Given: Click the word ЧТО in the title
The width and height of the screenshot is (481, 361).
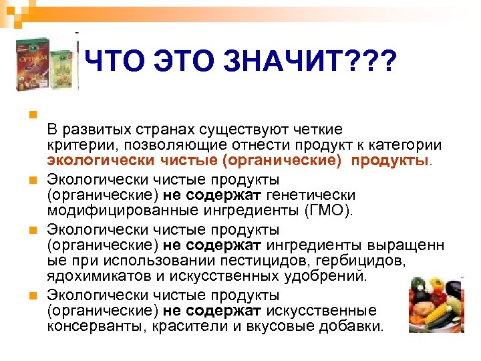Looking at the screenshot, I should (110, 64).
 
